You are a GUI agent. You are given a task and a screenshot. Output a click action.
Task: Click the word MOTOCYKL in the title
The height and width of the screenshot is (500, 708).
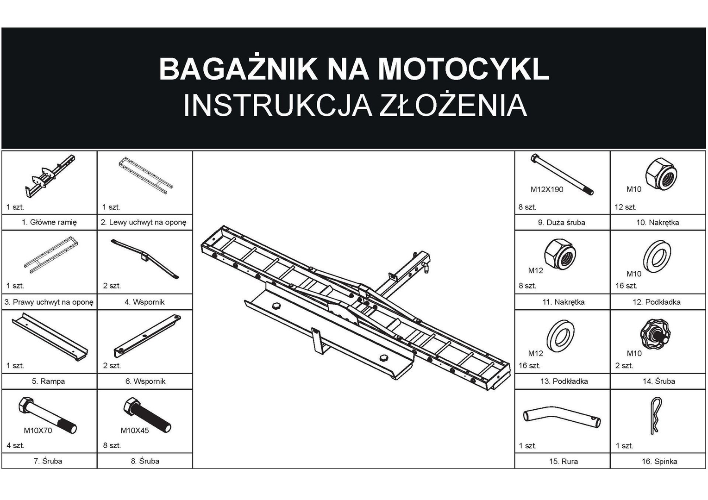(463, 69)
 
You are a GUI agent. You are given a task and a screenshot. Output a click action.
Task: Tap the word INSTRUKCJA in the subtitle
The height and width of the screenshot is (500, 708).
(277, 106)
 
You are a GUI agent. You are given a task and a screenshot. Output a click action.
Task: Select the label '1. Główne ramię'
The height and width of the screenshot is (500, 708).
(49, 222)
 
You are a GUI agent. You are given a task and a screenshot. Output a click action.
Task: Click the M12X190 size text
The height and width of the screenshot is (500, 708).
(546, 189)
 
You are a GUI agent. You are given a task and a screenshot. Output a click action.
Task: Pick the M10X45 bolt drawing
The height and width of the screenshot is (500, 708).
(147, 414)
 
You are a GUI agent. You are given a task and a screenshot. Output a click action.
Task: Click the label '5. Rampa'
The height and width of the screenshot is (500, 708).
(48, 381)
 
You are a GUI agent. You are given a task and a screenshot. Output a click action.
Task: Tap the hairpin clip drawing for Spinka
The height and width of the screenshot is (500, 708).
(655, 415)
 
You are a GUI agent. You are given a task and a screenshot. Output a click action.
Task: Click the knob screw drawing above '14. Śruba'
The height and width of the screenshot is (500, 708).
(655, 334)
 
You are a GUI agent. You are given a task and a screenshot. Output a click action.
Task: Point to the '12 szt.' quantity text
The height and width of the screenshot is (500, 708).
(625, 207)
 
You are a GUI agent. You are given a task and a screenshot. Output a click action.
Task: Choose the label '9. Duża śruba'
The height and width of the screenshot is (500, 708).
(561, 223)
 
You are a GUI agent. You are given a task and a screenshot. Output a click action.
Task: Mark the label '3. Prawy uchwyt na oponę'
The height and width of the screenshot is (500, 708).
(49, 302)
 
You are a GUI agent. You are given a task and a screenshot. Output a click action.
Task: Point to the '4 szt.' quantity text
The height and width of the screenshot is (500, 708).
(15, 445)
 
